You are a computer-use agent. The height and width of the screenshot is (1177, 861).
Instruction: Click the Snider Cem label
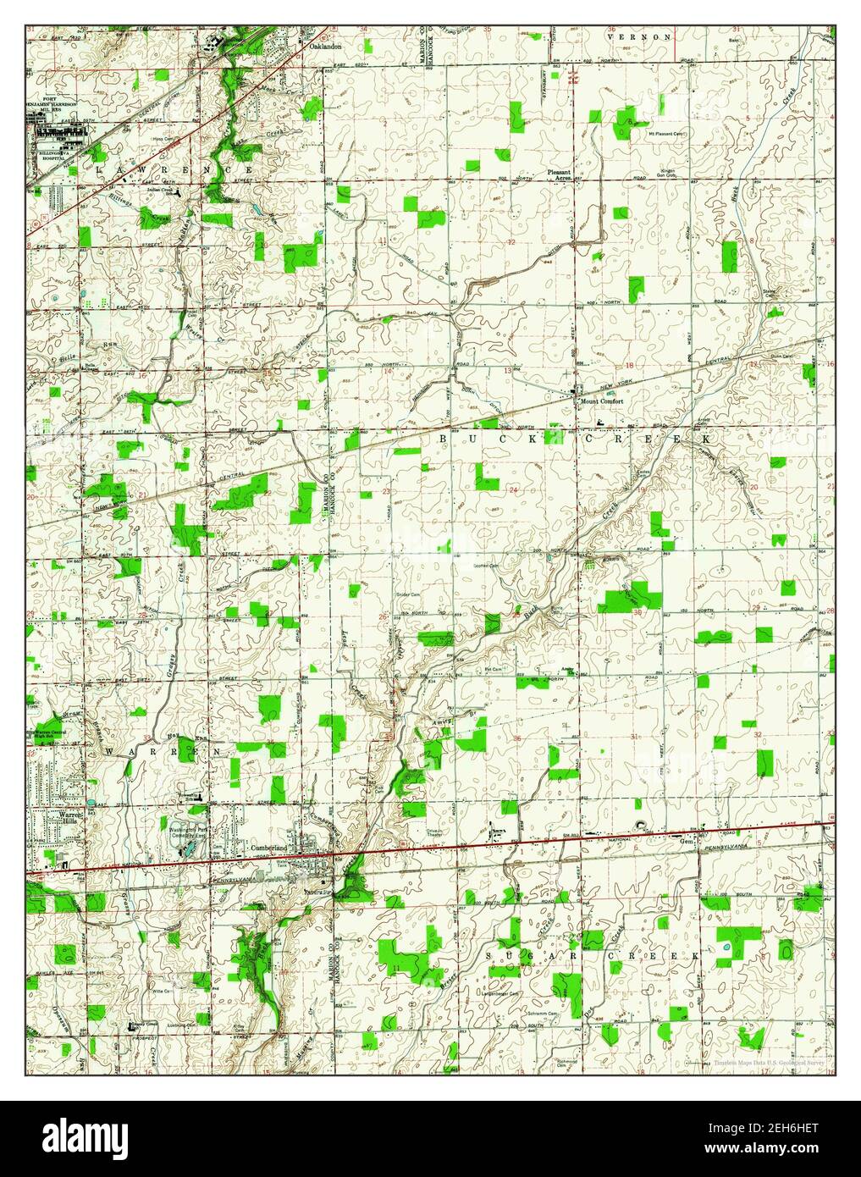(x=409, y=594)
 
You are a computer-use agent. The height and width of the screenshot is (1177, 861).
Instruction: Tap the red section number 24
(x=513, y=490)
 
